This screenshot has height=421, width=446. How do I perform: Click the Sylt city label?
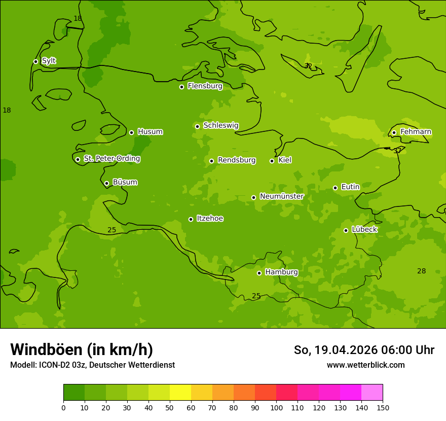point(49,61)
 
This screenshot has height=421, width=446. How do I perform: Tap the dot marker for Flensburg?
point(181,87)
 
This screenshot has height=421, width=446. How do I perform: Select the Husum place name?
point(150,132)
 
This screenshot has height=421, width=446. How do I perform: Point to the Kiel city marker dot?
point(272,161)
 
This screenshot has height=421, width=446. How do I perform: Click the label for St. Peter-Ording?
point(111,159)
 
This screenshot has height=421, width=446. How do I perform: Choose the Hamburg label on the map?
point(281,272)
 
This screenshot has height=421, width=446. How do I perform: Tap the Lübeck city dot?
point(346,230)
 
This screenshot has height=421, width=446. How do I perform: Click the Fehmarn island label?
point(416,132)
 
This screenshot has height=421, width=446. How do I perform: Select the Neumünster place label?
point(281,196)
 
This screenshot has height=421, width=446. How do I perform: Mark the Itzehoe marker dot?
point(191,219)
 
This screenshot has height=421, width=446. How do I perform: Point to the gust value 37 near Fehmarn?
point(397,151)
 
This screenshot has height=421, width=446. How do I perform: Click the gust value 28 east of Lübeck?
point(421,271)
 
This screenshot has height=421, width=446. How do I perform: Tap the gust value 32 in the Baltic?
point(308,66)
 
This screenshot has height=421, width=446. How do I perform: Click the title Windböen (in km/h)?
point(82,349)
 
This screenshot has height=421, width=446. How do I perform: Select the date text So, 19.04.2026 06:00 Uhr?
point(364,350)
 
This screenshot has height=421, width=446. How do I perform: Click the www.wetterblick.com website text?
point(365,365)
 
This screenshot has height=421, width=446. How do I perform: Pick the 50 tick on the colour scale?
point(170,407)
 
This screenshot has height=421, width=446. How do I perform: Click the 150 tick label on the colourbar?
point(383,407)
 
